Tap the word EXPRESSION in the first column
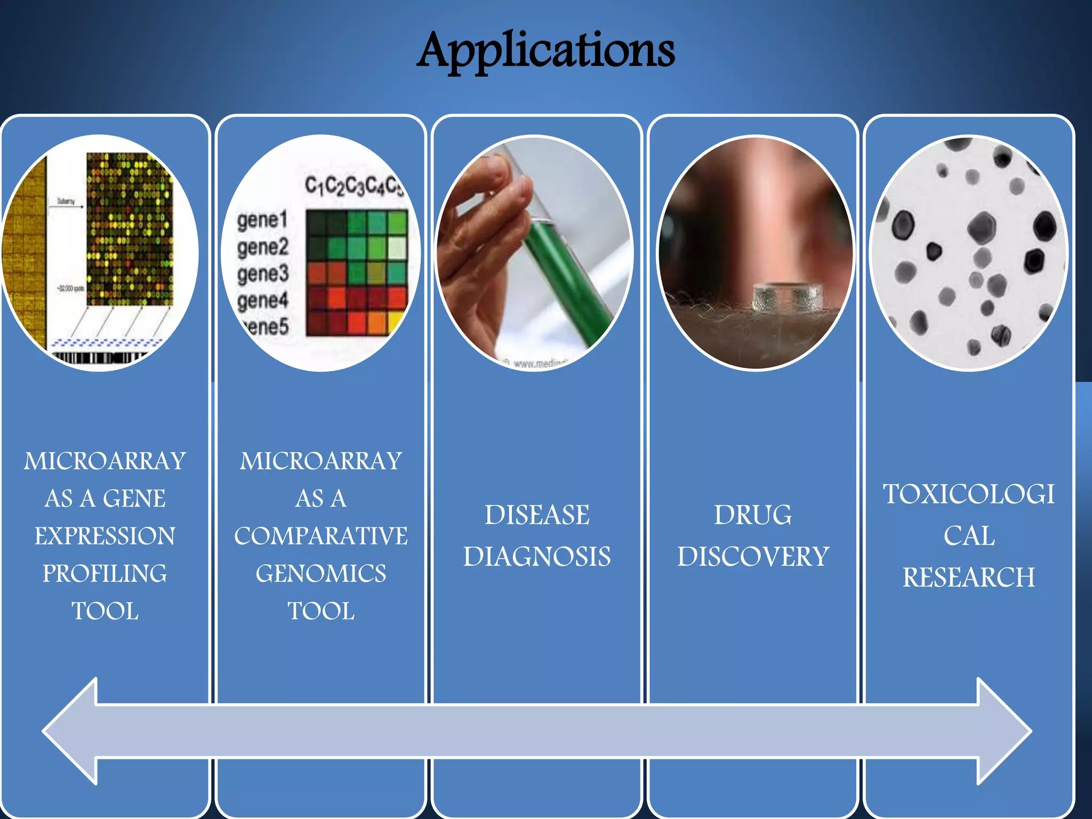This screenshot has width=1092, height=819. point(105,536)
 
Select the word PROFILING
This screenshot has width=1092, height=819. point(105,574)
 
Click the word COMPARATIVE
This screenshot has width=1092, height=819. point(321,536)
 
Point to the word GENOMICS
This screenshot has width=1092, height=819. point(321,574)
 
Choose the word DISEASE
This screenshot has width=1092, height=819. point(537,516)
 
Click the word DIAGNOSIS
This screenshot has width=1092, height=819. point(537,557)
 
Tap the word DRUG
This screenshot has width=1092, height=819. point(753,516)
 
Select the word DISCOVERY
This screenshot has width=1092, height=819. point(753,557)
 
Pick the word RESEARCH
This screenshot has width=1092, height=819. point(969,577)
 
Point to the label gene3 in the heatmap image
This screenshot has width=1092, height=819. point(263,274)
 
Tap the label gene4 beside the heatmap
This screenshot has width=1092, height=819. point(262,301)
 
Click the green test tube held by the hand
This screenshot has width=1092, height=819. point(565,277)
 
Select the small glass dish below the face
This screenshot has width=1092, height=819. point(788,298)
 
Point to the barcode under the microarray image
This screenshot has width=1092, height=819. point(99,357)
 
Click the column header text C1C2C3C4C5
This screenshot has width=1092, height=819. point(353,186)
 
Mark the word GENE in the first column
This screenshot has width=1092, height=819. point(134,499)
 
